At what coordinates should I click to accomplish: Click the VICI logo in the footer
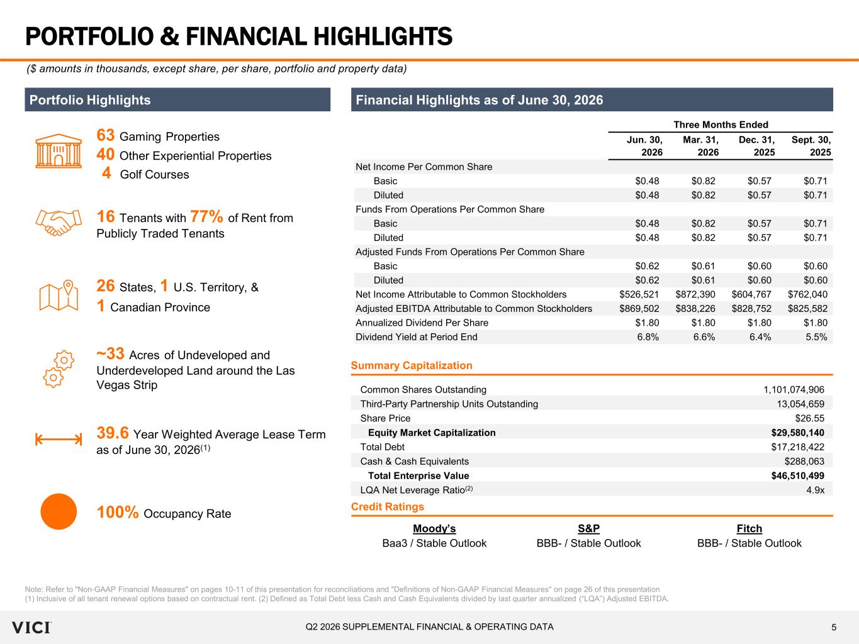pos(31,627)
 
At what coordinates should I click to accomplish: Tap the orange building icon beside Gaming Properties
pos(59,151)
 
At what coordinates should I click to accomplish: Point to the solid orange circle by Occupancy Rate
pos(59,511)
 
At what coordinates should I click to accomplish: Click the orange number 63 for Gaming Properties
pos(106,135)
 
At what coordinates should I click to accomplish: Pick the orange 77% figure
pos(206,216)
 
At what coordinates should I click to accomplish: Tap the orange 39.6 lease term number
pos(113,433)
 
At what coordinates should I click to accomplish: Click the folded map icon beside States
pos(59,295)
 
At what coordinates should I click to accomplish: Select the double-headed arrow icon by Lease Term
pos(59,439)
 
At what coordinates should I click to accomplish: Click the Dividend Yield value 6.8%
pos(648,337)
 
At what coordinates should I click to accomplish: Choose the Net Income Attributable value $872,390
pos(695,294)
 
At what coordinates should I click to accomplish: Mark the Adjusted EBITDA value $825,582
pos(808,309)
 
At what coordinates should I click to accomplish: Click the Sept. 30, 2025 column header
pos(811,146)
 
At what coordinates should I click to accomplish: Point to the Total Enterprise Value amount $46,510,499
pos(797,476)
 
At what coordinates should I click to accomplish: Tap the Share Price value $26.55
pos(810,418)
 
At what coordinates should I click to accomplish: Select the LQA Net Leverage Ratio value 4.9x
pos(816,491)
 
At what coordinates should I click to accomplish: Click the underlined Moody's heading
pos(434,529)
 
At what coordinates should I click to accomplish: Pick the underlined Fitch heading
pos(750,529)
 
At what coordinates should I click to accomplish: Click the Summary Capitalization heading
pos(412,365)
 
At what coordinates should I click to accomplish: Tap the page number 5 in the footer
pos(834,628)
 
